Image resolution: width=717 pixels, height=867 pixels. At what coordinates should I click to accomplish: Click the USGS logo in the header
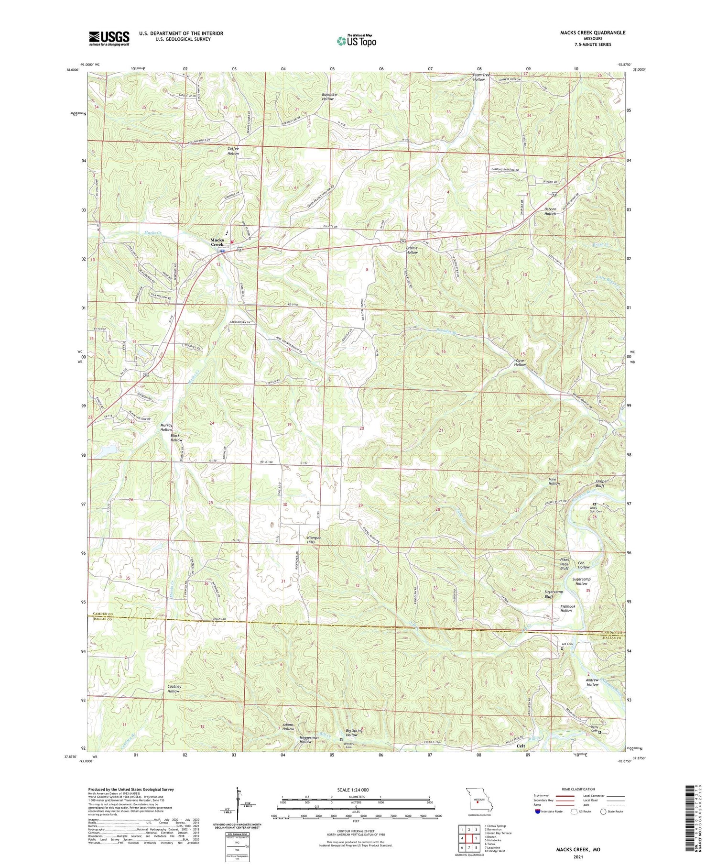[x=109, y=38]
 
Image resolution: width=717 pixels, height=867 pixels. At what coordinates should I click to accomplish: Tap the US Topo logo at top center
[x=356, y=41]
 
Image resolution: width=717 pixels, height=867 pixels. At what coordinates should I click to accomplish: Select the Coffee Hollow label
[x=233, y=151]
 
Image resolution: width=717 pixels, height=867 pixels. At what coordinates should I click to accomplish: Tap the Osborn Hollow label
[x=550, y=211]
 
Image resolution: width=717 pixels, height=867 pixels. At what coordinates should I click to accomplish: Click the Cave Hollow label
[x=520, y=362]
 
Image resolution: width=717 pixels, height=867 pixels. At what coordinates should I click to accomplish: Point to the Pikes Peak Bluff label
[x=565, y=564]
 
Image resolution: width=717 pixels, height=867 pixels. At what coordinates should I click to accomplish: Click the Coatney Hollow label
[x=174, y=689]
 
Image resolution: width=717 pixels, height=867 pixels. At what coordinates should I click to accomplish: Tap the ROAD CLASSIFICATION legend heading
[x=578, y=789]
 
